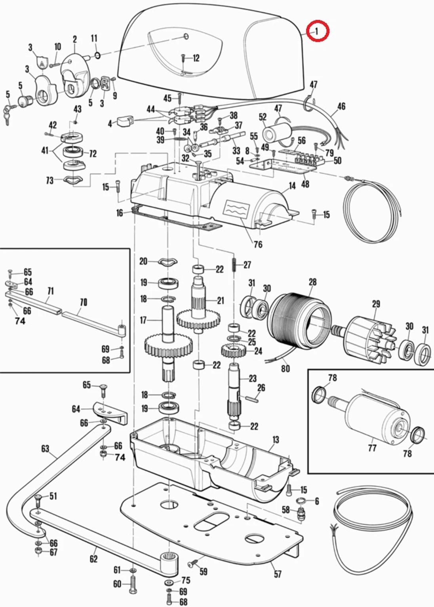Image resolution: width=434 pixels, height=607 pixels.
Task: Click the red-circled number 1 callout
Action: pos(317,31)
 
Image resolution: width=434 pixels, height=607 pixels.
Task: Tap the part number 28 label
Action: pos(312,282)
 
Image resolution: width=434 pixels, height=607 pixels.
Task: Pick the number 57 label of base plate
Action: pos(278,574)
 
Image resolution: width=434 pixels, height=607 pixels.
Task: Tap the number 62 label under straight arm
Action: pos(93,559)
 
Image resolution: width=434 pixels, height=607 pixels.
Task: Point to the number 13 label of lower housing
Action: pos(276,440)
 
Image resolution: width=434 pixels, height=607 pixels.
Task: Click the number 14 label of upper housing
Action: pos(292,186)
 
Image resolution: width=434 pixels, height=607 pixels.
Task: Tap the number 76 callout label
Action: pos(258,245)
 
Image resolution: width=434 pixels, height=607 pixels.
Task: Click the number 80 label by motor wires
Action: pos(286,368)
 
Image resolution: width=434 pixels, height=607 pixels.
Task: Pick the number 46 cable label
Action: pos(341,106)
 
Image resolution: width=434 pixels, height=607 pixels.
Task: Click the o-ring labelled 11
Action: pos(97,55)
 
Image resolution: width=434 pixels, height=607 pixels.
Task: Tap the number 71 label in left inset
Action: pos(50,291)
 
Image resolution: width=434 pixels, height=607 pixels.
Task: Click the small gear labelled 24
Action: pos(234,351)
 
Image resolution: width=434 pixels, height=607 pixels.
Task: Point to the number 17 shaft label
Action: pos(143,320)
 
